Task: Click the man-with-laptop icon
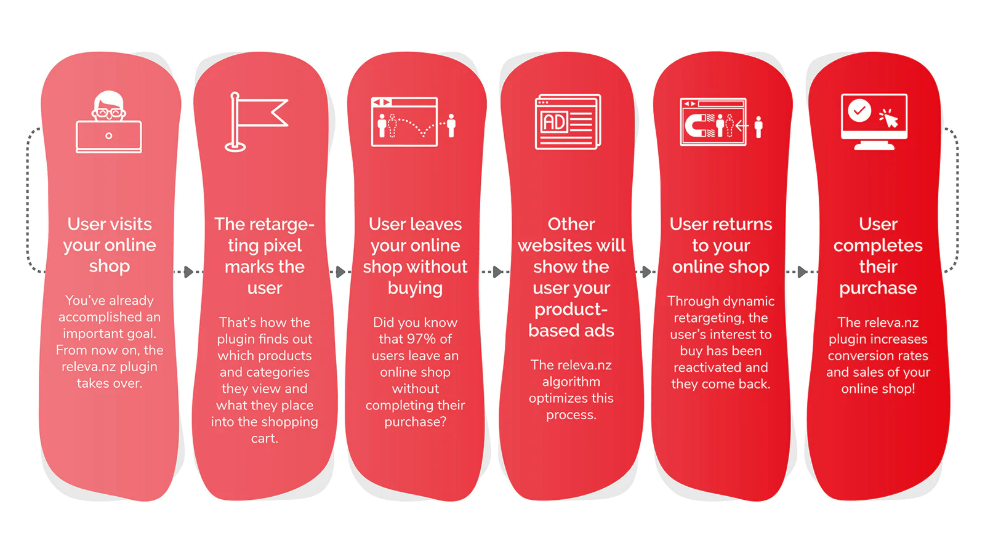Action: (108, 122)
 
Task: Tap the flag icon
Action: (256, 122)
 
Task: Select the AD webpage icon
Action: (568, 122)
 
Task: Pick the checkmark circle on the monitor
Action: (859, 111)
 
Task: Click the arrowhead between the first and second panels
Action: (188, 271)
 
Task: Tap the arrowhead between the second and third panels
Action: (340, 271)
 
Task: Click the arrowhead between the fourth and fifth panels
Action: (646, 271)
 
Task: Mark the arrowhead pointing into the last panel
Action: (802, 271)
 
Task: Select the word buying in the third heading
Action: (415, 289)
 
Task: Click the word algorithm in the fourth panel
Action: (571, 382)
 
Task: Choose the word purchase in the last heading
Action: (878, 289)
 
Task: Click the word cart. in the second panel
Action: (264, 438)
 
